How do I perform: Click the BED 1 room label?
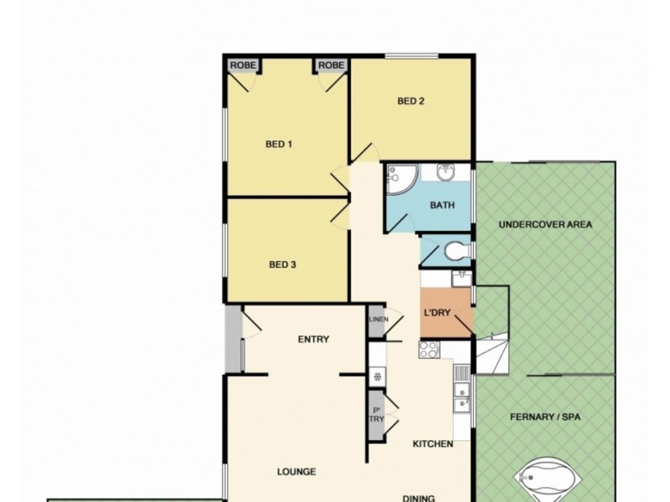[x=279, y=144]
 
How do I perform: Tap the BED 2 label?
[x=410, y=102]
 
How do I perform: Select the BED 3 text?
[x=283, y=264]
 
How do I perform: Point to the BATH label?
[x=441, y=206]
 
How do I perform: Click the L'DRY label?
[x=438, y=313]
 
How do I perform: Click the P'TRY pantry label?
[x=376, y=414]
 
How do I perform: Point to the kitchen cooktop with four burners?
[x=430, y=350]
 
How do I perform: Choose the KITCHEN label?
[x=432, y=443]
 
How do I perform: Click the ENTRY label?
[x=312, y=339]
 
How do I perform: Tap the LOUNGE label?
[x=296, y=471]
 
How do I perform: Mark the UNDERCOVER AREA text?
[x=544, y=224]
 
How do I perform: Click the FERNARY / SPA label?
[x=545, y=416]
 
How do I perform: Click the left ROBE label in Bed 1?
[x=243, y=64]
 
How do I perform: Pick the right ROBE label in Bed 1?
[x=331, y=64]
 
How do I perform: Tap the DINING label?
[x=418, y=498]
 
